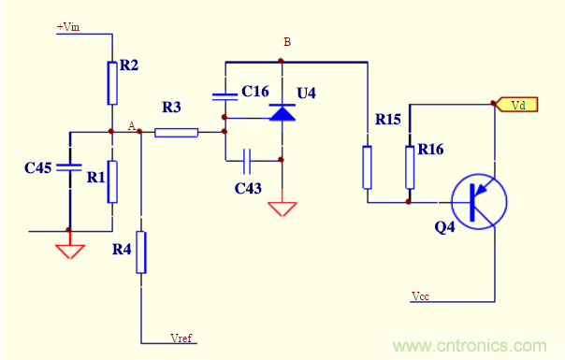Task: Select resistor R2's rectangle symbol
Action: [x=112, y=83]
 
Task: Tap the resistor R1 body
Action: [x=112, y=181]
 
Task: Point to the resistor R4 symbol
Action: [x=141, y=252]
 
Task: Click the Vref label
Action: [x=181, y=337]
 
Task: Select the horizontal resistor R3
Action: [x=176, y=132]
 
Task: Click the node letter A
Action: [x=131, y=124]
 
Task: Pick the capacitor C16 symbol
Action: [x=225, y=95]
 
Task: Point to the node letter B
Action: [x=287, y=43]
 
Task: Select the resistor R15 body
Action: [x=367, y=166]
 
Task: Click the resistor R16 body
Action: [x=409, y=166]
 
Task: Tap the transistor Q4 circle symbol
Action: [x=478, y=200]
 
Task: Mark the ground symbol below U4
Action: [x=282, y=207]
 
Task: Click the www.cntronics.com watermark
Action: [x=469, y=346]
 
